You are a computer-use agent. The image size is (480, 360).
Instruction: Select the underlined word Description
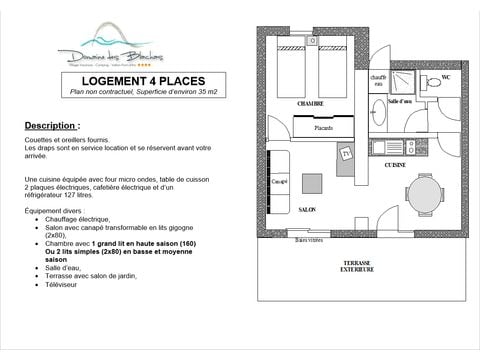[x=51, y=128]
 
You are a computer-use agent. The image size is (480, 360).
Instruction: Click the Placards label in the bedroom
[x=323, y=127]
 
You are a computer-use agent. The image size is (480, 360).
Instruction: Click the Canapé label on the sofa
[x=280, y=181]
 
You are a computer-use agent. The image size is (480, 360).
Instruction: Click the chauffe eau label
[x=378, y=80]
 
